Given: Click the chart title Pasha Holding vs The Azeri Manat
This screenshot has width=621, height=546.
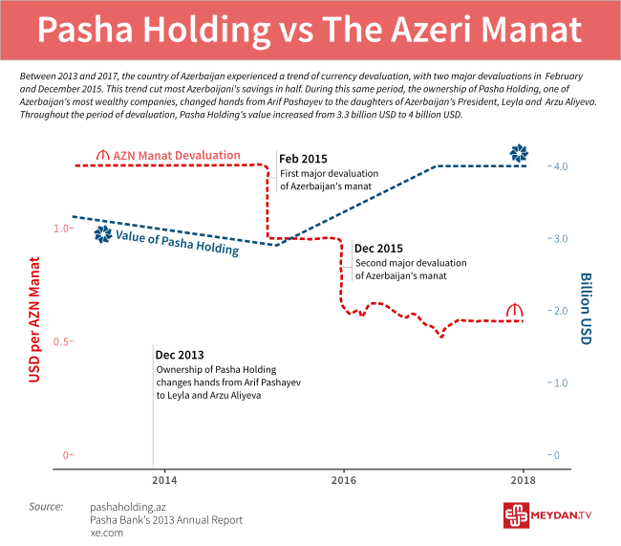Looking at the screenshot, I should coord(310,30).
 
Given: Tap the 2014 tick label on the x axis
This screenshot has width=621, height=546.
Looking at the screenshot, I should coord(163,479).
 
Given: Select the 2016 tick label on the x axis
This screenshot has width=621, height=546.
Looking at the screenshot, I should coord(343,479).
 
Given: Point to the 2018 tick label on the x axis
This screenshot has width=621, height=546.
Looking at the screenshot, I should coord(523,479).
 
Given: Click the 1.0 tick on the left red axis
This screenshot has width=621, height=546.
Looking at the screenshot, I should coord(60,229).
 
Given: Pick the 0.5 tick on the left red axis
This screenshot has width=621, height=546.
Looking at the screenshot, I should coord(60,341).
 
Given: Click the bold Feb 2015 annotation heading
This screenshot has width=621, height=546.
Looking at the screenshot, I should coord(302,159).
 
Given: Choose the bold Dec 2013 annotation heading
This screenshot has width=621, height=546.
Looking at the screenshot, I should coord(178,355).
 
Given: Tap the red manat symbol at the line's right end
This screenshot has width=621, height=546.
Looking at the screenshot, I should coord(515,311).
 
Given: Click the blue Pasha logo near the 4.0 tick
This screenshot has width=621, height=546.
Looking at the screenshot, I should coord(518,154).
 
